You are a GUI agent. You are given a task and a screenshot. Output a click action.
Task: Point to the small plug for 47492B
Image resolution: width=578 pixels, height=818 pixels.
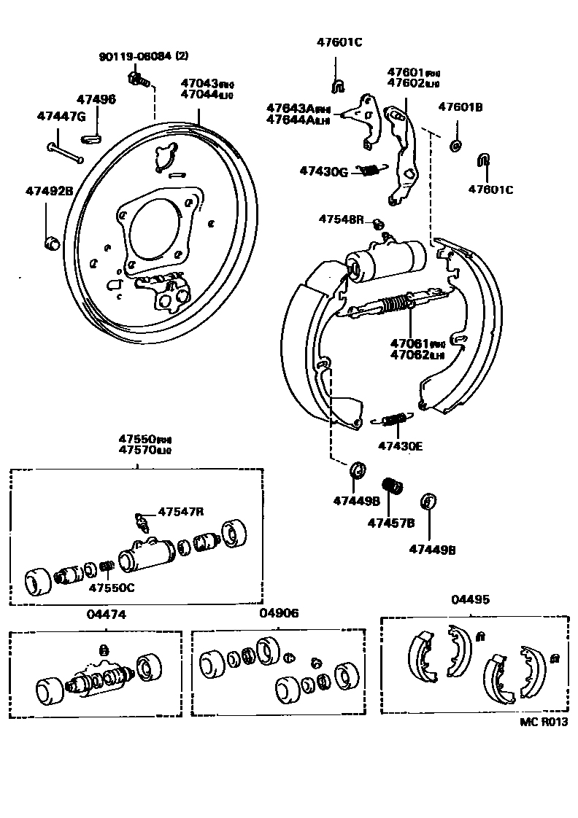(x=51, y=241)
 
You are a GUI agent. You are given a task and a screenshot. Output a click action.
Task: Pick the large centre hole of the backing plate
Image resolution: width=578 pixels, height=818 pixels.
(x=153, y=227)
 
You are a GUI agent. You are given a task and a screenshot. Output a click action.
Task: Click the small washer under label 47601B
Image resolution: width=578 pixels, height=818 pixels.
(x=456, y=146)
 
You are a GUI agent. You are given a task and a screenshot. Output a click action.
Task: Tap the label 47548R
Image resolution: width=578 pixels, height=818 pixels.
(x=340, y=219)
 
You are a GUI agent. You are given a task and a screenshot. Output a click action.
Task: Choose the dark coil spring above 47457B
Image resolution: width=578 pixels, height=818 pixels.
(x=393, y=485)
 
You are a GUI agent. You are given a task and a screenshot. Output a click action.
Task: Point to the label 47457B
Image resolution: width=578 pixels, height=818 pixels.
(x=390, y=523)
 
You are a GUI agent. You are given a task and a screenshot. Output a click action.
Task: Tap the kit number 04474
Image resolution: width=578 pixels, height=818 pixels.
(x=107, y=615)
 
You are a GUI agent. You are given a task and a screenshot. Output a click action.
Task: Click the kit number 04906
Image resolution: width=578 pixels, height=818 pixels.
(x=279, y=614)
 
